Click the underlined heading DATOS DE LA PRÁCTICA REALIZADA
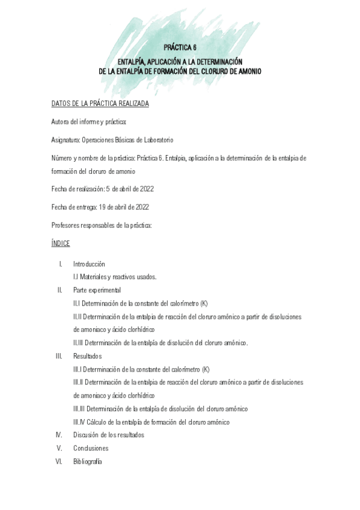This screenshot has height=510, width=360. pyautogui.click(x=100, y=103)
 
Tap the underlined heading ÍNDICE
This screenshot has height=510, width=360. pyautogui.click(x=61, y=243)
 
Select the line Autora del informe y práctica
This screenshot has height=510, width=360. pyautogui.click(x=89, y=122)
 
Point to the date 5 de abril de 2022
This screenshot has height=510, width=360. pyautogui.click(x=130, y=189)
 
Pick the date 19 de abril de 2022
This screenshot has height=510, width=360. pyautogui.click(x=124, y=207)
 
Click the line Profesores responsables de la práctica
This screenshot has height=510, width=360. pyautogui.click(x=102, y=225)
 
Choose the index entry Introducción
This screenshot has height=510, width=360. pyautogui.click(x=89, y=264)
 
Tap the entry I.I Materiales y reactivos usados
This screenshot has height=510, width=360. pyautogui.click(x=115, y=277)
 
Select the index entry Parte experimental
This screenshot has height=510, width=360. pyautogui.click(x=97, y=290)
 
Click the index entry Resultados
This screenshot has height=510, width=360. pyautogui.click(x=87, y=356)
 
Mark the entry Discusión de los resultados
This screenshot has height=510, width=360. pyautogui.click(x=108, y=435)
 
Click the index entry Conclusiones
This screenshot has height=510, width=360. pyautogui.click(x=90, y=448)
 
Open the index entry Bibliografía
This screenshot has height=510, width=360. pyautogui.click(x=87, y=461)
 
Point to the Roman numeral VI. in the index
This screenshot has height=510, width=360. pyautogui.click(x=59, y=461)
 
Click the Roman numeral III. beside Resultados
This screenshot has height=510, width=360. pyautogui.click(x=59, y=356)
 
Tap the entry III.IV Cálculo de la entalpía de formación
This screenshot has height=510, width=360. pyautogui.click(x=151, y=422)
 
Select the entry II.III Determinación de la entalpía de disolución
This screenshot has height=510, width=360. pyautogui.click(x=160, y=343)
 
